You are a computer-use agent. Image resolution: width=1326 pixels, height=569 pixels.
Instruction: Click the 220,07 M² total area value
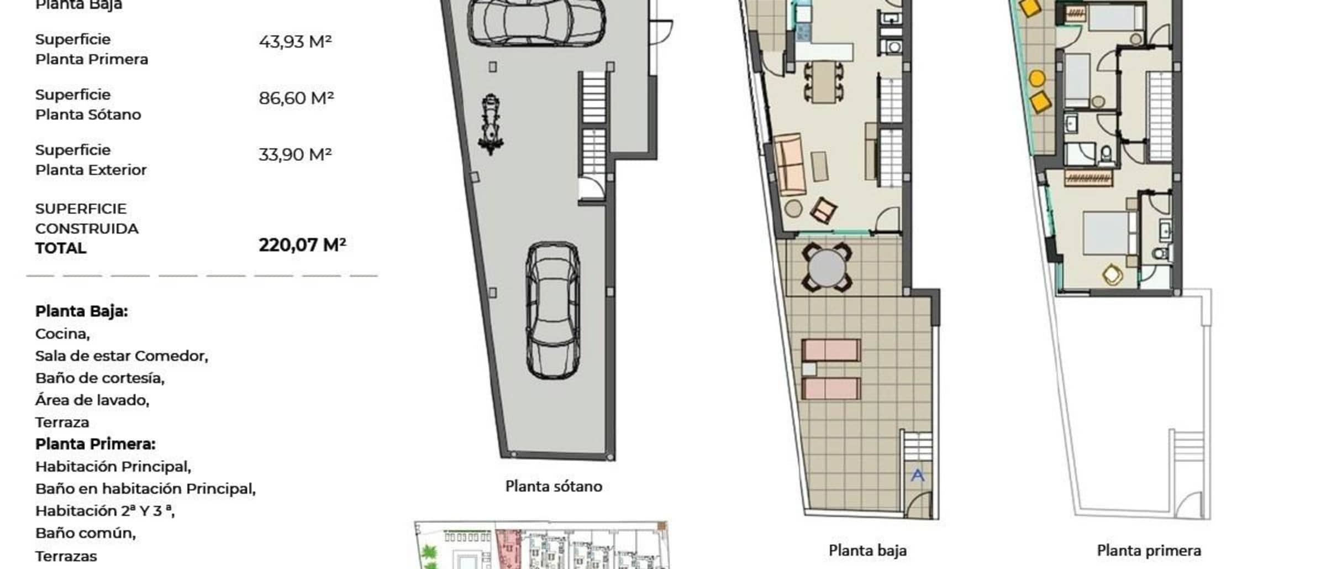[302, 244]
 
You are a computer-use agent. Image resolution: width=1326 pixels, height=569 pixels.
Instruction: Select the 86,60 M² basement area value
[296, 98]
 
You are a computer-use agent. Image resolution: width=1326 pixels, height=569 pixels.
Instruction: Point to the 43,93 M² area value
[295, 41]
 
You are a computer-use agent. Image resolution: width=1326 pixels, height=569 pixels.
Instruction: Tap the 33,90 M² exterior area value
[295, 154]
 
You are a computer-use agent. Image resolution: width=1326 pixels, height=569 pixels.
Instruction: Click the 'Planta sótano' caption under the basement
[554, 486]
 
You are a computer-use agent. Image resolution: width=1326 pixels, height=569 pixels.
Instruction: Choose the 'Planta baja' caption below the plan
[867, 550]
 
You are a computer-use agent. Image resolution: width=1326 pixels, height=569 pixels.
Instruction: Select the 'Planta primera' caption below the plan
[1149, 550]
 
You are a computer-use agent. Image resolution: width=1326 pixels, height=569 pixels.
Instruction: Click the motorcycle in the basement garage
[490, 124]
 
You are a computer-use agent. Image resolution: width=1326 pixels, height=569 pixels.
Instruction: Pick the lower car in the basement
[552, 310]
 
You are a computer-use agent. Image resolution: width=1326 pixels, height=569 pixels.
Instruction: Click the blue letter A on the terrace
[917, 475]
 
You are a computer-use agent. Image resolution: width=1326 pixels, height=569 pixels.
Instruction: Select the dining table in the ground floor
[823, 82]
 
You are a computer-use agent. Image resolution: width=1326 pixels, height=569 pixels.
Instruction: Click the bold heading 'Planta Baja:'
[81, 311]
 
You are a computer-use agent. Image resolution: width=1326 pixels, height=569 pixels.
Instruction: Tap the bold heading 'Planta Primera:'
[95, 444]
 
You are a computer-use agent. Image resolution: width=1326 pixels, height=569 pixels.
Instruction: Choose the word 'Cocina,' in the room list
[62, 334]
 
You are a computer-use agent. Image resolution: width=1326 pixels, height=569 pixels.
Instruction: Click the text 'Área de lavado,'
[92, 400]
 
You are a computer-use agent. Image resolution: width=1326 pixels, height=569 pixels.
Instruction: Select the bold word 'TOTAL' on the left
[61, 248]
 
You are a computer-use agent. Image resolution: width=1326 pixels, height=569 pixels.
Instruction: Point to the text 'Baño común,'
[85, 533]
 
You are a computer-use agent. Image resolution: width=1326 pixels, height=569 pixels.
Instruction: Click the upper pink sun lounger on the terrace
[831, 350]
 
